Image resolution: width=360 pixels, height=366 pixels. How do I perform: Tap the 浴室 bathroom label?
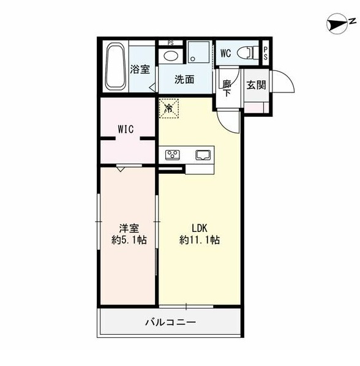(x=140, y=69)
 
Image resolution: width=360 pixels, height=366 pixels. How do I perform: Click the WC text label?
(x=225, y=53)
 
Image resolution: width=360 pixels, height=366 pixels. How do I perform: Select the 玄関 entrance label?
(x=256, y=85)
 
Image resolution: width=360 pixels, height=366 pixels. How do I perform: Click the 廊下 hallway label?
(x=227, y=88)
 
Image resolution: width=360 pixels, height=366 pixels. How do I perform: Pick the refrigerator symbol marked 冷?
(x=168, y=109)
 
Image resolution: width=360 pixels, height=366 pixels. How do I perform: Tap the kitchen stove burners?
(x=171, y=154)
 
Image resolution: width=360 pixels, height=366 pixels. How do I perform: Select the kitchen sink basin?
(x=203, y=154)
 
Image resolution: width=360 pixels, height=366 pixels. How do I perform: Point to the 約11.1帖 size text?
(x=200, y=241)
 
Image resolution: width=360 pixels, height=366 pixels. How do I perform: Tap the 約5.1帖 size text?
(x=129, y=241)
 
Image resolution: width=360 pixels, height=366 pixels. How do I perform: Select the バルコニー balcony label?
(x=171, y=321)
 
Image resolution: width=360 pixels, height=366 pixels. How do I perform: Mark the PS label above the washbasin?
(x=170, y=43)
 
